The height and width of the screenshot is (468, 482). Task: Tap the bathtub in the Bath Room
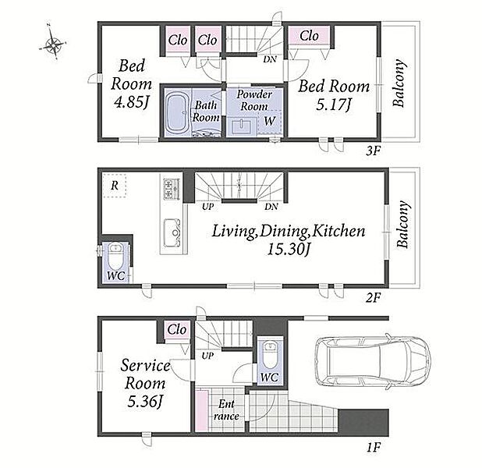(177, 112)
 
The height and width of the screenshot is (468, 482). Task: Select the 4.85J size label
(132, 103)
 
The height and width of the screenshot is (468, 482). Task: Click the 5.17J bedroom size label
(334, 105)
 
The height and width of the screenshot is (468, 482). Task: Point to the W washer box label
(270, 121)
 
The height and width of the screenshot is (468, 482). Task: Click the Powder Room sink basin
(243, 126)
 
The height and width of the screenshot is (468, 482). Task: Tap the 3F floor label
(374, 151)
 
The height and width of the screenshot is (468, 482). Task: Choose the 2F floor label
(374, 297)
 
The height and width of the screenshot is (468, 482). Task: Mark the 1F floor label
(374, 447)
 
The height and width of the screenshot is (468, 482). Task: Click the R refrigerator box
(115, 186)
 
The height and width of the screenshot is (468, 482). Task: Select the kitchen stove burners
(172, 189)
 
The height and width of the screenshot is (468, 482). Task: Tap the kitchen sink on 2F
(172, 233)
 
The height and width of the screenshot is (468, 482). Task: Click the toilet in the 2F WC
(115, 257)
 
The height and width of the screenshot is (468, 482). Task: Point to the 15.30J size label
(288, 249)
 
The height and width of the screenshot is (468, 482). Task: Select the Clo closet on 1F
(177, 330)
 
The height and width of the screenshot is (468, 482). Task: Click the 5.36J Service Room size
(145, 402)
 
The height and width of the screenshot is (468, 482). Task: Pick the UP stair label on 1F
(207, 356)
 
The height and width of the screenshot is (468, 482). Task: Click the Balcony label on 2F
(403, 225)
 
